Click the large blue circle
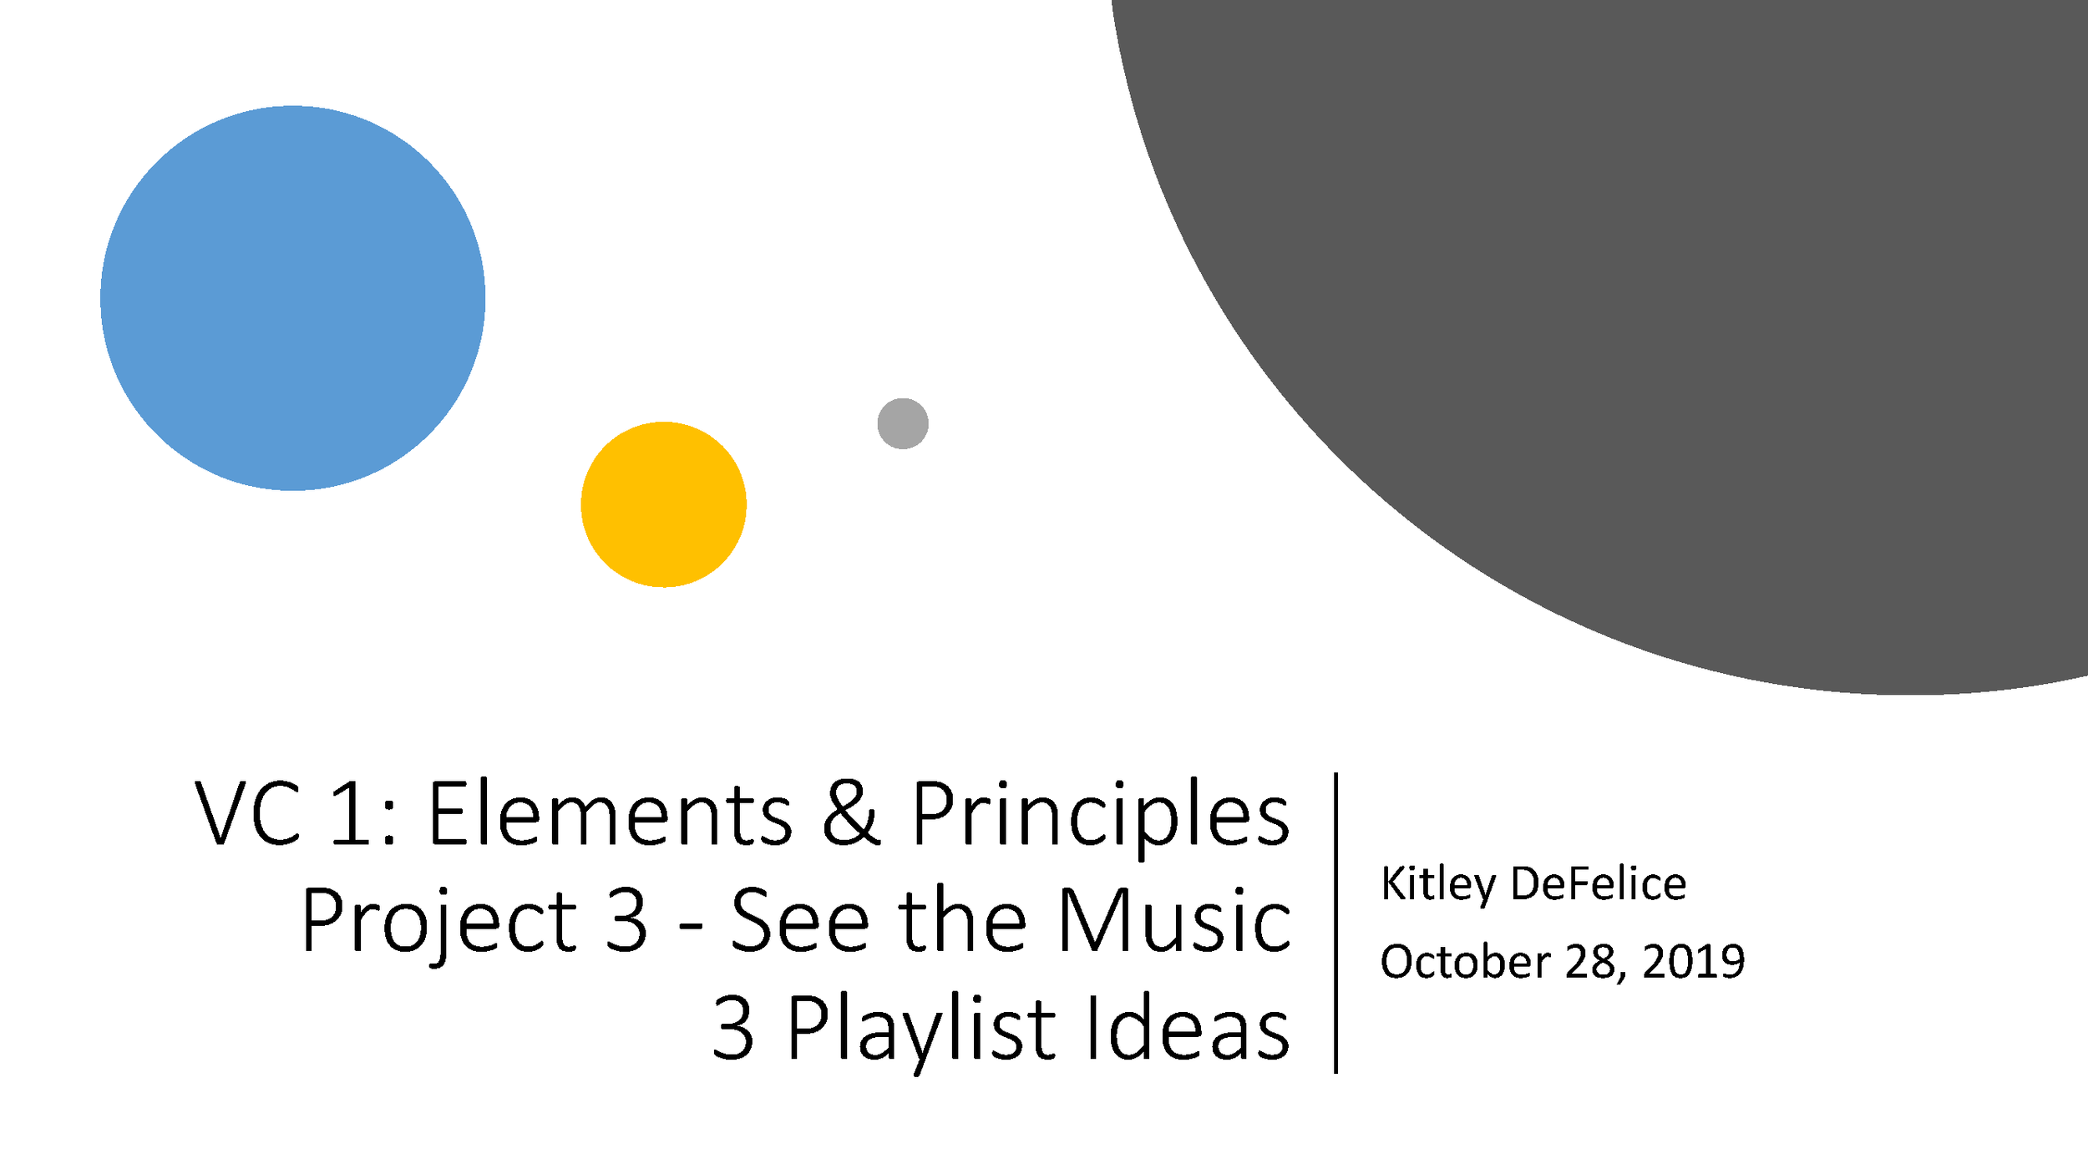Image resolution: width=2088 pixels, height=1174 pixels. pos(292,298)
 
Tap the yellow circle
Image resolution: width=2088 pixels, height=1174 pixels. pos(663,504)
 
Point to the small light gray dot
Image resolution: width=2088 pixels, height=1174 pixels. pos(903,423)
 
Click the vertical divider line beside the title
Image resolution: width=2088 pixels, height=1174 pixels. pos(1336,923)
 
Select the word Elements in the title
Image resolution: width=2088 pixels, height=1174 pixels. pos(610,814)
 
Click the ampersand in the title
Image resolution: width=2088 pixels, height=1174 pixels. pos(850,814)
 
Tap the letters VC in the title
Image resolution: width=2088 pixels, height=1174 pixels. pos(248,814)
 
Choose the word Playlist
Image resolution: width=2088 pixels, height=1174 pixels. pos(921,1032)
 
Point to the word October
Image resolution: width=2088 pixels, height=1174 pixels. pos(1465,961)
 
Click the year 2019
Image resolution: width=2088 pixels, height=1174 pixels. pos(1694,961)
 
